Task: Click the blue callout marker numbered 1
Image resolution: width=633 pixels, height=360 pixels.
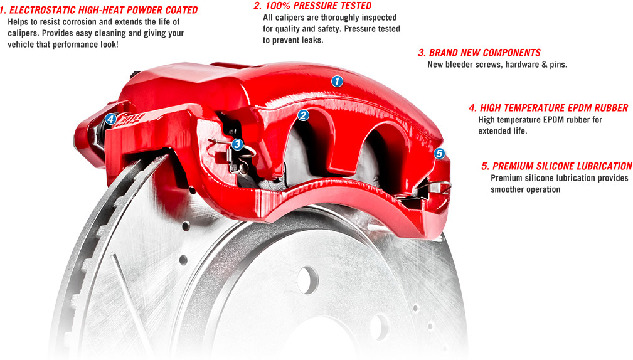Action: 337,81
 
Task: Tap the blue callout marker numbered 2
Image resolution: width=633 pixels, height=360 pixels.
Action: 302,115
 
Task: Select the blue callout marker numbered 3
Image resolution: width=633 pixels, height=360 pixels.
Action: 237,144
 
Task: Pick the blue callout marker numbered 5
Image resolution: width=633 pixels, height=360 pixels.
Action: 439,153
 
